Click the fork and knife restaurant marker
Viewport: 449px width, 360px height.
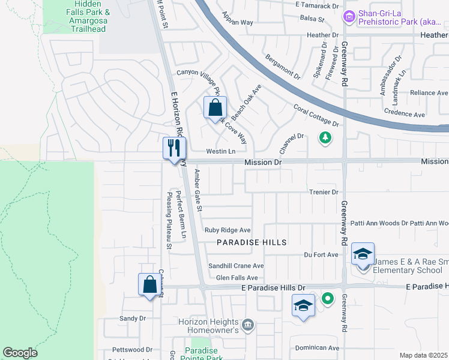[175, 148]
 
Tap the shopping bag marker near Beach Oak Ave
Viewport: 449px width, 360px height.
[215, 108]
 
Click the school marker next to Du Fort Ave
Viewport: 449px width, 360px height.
[363, 254]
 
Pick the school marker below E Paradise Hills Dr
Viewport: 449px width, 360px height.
[304, 306]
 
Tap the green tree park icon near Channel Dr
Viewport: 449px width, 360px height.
[325, 138]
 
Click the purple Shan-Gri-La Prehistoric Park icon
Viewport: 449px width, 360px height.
[349, 19]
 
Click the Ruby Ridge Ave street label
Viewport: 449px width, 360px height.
[228, 230]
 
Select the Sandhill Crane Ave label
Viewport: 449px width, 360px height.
[236, 266]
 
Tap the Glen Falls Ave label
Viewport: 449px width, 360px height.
[237, 278]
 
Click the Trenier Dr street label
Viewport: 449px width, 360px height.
[324, 192]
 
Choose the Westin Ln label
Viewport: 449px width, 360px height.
[220, 151]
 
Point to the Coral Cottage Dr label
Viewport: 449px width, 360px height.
[316, 116]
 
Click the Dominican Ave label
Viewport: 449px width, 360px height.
[318, 347]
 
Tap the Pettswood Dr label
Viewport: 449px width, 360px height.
[133, 349]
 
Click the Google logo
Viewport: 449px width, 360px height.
[20, 353]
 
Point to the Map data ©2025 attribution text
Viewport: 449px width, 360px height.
[423, 355]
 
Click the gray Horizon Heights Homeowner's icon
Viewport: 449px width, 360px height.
[249, 326]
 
